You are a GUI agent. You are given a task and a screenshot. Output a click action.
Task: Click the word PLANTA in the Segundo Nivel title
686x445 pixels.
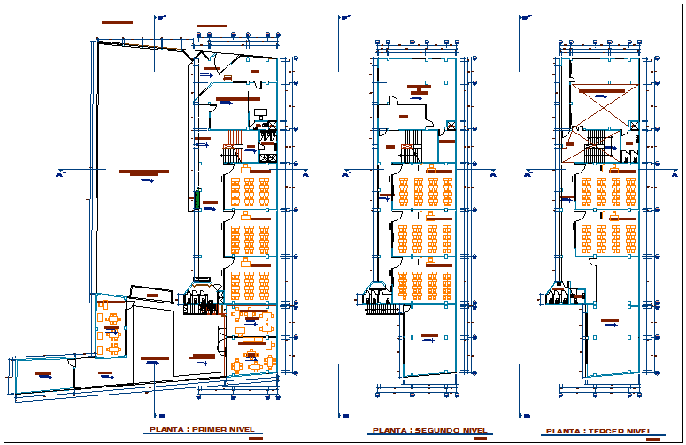389,431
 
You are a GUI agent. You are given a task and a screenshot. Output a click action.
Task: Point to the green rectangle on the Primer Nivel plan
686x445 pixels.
196,201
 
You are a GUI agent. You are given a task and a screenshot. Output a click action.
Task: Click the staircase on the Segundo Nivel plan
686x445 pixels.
410,151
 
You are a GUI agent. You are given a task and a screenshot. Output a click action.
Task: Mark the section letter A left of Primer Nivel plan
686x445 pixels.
58,174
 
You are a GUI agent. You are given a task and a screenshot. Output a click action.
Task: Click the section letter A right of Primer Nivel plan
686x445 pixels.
304,174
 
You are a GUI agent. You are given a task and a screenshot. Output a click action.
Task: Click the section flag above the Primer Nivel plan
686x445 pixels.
160,16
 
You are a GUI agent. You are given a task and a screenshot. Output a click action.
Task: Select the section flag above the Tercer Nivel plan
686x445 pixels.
525,16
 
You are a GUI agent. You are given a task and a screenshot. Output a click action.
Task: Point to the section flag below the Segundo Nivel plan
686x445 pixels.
344,415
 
